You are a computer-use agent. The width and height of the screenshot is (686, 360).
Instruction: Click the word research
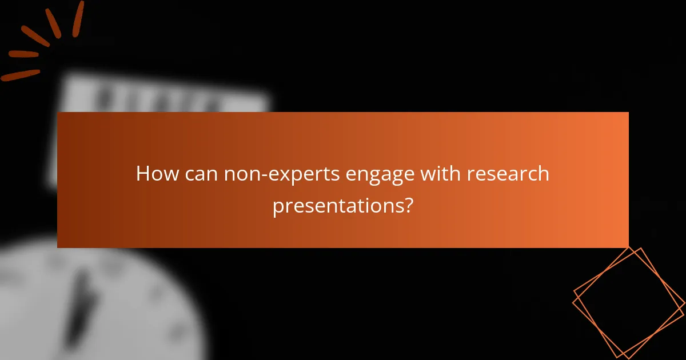[x=508, y=174]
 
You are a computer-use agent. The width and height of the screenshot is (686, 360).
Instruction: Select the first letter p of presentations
[x=277, y=207]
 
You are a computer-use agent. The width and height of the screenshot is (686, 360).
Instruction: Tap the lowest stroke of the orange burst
[x=20, y=75]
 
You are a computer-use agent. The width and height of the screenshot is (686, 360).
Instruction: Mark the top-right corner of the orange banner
[x=628, y=113]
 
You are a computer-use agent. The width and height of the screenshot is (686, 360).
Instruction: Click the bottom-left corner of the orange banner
[x=58, y=247]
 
